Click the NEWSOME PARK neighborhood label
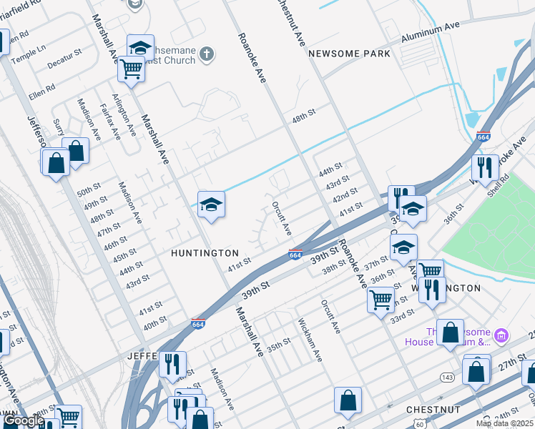349,54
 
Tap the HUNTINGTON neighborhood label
205,253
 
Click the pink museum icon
502,335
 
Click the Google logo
23,421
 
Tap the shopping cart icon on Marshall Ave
132,68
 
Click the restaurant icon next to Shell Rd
485,167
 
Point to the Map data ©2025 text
504,423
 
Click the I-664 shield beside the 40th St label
199,324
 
